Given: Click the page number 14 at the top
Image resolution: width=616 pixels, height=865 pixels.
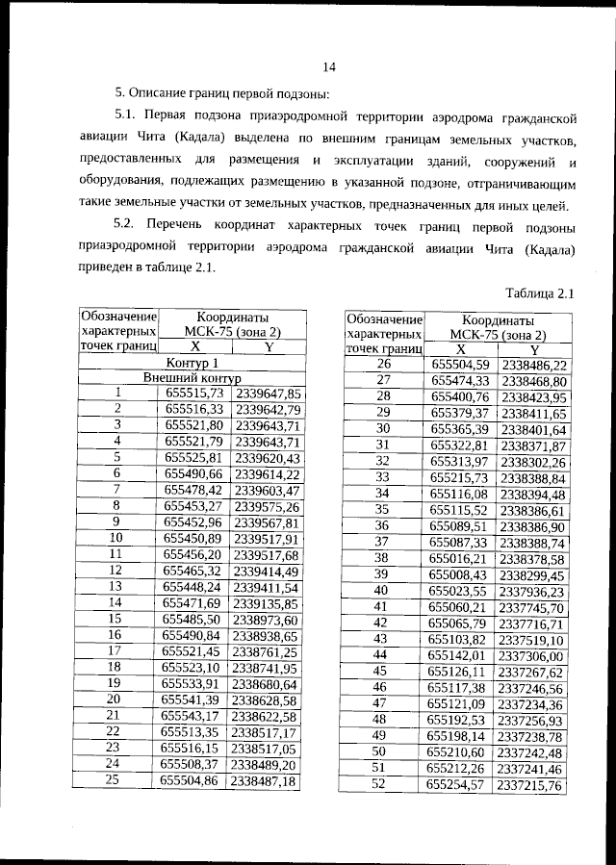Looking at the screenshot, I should pyautogui.click(x=328, y=66).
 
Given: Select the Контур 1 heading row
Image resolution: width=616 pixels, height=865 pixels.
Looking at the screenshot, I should pyautogui.click(x=192, y=363).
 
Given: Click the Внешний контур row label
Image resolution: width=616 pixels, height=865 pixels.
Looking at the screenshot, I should pyautogui.click(x=192, y=378).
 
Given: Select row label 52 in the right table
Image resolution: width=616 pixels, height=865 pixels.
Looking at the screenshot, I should pyautogui.click(x=382, y=785).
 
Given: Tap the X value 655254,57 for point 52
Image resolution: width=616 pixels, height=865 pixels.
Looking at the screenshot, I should pyautogui.click(x=459, y=785).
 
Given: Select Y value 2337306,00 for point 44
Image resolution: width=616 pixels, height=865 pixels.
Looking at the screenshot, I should pyautogui.click(x=531, y=654).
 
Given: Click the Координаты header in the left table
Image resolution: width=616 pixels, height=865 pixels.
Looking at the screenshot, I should pyautogui.click(x=232, y=316).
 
